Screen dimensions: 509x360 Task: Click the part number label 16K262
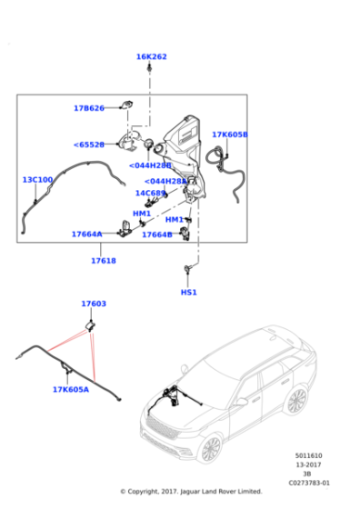click(152, 56)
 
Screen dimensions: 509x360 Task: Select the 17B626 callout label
click(89, 108)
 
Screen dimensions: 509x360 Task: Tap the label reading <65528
click(89, 145)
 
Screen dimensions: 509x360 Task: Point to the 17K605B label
click(229, 135)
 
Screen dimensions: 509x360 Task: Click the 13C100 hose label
click(37, 180)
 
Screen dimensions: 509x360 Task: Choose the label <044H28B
click(150, 165)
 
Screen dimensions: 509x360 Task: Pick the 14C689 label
click(150, 193)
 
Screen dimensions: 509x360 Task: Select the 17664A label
click(87, 234)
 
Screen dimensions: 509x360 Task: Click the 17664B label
click(156, 235)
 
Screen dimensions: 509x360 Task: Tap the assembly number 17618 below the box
click(103, 261)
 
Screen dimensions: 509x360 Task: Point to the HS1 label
click(188, 293)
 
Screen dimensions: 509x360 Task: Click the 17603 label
click(93, 304)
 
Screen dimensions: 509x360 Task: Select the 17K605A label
click(70, 390)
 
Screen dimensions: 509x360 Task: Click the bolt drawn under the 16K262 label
click(152, 71)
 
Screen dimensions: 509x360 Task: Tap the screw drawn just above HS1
click(188, 268)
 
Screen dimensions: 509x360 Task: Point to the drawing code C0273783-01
click(311, 483)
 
